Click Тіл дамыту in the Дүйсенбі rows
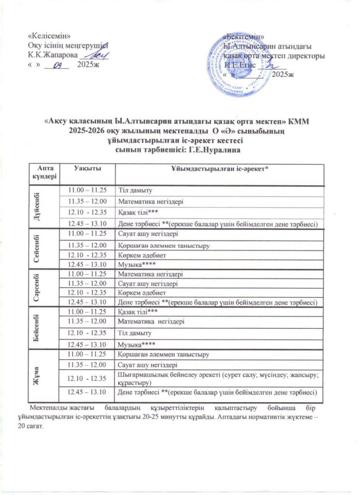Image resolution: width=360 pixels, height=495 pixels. [x=135, y=190]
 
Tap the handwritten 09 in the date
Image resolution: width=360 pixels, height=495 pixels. [x=59, y=65]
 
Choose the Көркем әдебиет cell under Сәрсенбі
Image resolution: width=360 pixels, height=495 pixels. [x=142, y=293]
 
